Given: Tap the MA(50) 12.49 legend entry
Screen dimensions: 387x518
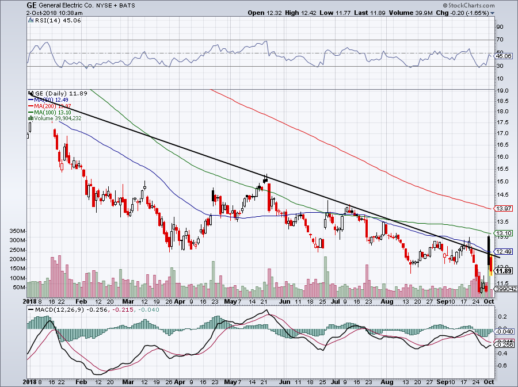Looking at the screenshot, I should coord(54,99).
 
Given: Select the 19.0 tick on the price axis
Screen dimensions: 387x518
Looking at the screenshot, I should coord(502,91).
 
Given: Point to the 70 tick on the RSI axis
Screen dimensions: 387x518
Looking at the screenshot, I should coord(500,40).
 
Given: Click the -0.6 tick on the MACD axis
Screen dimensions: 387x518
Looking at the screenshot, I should coord(502,365).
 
